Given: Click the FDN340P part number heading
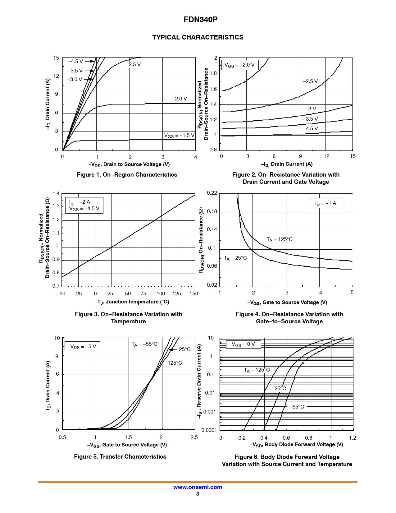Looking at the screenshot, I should tap(200, 20).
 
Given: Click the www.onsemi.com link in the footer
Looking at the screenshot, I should tap(198, 487).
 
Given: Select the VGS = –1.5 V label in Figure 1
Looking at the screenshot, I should tap(179, 136).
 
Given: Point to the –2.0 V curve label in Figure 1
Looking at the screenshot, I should tap(180, 99).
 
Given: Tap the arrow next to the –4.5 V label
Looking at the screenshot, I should tap(90, 61).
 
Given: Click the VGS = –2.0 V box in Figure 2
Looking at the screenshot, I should tap(239, 65).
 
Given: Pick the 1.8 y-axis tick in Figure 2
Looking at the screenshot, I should tap(213, 73).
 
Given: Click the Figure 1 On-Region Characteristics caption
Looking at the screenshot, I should tap(127, 175).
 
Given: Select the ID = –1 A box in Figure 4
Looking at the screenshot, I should tap(326, 203).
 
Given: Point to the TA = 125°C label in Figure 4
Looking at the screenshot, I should tap(280, 239).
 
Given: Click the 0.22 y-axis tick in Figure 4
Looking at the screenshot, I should tap(212, 193).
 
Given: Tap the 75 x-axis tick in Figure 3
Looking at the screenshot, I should tap(143, 293).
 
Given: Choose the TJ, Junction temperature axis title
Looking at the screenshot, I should tap(133, 302).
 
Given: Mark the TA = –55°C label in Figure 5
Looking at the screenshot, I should tap(144, 344).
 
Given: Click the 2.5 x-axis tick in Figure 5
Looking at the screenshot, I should tap(194, 437).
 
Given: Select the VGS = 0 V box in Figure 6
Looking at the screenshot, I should tap(243, 344).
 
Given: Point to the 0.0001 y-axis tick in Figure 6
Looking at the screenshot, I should tap(209, 430).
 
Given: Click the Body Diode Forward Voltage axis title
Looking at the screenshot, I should tap(296, 445).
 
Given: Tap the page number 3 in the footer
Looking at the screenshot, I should tap(198, 494).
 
